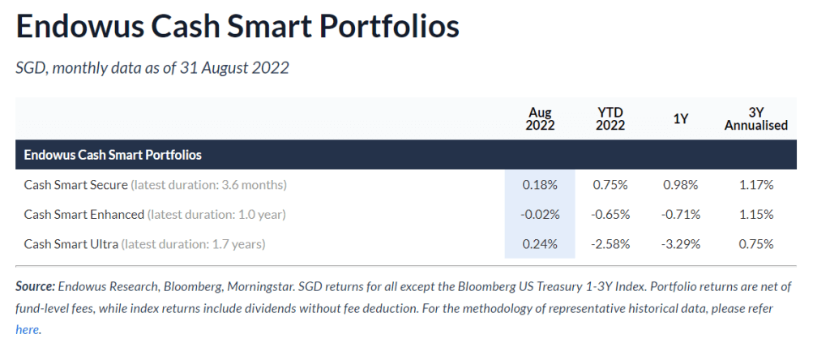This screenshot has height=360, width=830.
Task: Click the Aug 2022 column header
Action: click(541, 118)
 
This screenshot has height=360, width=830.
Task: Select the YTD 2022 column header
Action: click(610, 118)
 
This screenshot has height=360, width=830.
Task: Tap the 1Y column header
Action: click(680, 119)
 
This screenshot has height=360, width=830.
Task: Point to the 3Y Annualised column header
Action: click(756, 118)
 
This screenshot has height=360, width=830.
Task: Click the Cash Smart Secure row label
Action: click(75, 185)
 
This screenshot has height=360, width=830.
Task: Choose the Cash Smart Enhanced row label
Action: click(84, 214)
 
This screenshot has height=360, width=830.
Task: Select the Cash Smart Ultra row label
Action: click(71, 243)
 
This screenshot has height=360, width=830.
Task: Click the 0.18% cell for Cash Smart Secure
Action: click(541, 185)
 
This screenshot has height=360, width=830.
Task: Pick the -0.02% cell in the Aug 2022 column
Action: click(539, 214)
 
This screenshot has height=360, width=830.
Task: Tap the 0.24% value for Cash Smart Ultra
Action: click(541, 243)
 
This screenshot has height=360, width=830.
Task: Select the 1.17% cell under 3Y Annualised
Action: click(757, 185)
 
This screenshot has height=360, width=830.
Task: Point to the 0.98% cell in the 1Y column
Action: click(681, 185)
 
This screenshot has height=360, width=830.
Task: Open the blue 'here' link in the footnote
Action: click(27, 330)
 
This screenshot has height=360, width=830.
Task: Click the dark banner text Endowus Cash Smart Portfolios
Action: click(113, 154)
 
